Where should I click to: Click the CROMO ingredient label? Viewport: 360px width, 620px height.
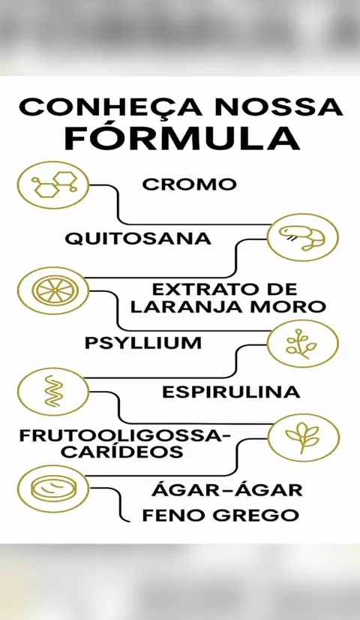189,184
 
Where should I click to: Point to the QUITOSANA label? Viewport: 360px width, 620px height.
138,239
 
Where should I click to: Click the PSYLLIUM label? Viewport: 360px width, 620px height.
143,343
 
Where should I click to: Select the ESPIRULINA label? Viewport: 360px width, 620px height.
231,393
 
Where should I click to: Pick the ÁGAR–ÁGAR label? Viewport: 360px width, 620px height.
226,490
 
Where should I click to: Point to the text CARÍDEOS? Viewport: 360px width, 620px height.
122,452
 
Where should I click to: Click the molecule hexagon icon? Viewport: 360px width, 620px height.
53,185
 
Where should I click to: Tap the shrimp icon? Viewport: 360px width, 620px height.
303,237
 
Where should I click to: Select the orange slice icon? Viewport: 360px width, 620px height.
53,290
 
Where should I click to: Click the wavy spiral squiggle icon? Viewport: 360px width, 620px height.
53,392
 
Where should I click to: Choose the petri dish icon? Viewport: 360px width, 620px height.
53,489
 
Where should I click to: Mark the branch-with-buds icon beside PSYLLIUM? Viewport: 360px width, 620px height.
303,344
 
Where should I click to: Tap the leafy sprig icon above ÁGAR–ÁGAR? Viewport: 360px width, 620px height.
304,438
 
